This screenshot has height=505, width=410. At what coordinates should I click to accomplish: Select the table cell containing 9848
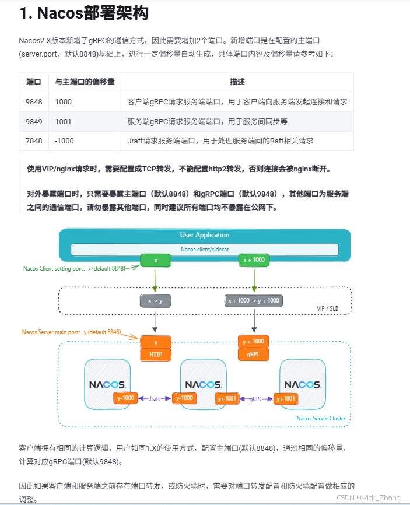tap(34, 101)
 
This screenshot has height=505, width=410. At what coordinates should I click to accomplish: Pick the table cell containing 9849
tap(34, 121)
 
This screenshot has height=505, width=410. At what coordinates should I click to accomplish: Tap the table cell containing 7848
tap(34, 141)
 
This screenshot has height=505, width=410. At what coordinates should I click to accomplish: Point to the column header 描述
tap(237, 82)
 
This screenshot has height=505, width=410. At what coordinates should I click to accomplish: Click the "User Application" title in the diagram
tap(205, 235)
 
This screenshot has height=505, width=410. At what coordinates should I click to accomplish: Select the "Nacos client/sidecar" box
tap(205, 249)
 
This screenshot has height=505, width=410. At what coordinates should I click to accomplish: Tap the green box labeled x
tap(156, 261)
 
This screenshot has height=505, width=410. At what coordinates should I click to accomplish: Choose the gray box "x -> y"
tap(155, 301)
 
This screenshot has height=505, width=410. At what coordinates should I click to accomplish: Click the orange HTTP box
tap(156, 354)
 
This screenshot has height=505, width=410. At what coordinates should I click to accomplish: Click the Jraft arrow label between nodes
tap(155, 398)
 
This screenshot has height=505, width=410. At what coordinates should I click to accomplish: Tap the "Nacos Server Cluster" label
tap(321, 418)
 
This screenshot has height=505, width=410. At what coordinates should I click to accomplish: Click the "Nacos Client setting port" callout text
tap(73, 268)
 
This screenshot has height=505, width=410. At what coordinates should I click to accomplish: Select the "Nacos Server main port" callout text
tap(71, 332)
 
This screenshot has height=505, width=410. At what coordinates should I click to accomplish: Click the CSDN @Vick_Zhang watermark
tap(369, 497)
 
